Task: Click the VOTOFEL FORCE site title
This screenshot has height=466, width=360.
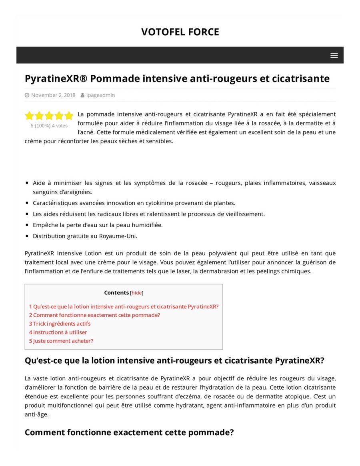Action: click(x=180, y=32)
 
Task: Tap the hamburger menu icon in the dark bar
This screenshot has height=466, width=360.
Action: click(x=334, y=55)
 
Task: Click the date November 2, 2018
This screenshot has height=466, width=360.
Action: click(x=53, y=95)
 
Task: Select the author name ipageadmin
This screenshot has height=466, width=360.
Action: click(x=100, y=95)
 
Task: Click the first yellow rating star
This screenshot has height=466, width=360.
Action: click(x=29, y=116)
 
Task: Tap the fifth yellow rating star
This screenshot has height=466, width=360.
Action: click(x=69, y=116)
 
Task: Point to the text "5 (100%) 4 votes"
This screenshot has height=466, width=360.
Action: click(x=49, y=126)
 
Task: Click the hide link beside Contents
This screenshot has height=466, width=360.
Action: click(x=137, y=293)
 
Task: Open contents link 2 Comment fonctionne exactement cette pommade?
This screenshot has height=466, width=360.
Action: click(x=94, y=315)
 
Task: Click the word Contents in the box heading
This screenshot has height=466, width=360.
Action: click(x=116, y=293)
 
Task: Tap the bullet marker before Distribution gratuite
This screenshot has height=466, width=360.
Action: click(x=27, y=236)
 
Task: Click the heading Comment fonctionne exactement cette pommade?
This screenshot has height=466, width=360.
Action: click(x=129, y=432)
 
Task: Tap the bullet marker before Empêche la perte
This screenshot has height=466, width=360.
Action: click(x=27, y=225)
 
